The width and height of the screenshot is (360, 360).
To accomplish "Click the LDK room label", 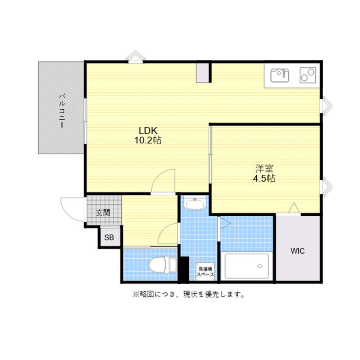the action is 148,131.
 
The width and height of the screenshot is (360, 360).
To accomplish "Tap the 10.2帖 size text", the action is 148,140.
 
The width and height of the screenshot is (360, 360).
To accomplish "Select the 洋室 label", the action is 264,169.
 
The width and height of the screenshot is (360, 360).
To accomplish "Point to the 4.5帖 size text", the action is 264,179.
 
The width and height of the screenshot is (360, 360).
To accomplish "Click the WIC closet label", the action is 298,251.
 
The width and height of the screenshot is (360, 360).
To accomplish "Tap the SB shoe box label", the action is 109,237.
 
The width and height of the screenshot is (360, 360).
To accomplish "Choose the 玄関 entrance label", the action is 103,213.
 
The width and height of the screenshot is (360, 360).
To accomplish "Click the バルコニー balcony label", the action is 62,111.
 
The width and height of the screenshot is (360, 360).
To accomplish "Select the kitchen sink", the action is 280,76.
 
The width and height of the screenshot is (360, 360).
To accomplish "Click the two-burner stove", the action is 308,75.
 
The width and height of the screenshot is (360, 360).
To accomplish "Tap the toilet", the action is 163,265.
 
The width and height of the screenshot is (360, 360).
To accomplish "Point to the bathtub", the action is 247,266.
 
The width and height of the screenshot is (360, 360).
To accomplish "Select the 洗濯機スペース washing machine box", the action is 205,271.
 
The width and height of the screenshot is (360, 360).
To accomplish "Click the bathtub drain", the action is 260,266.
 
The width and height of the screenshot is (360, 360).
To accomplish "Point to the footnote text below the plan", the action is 189,294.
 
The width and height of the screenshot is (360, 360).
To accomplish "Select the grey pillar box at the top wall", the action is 202,73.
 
